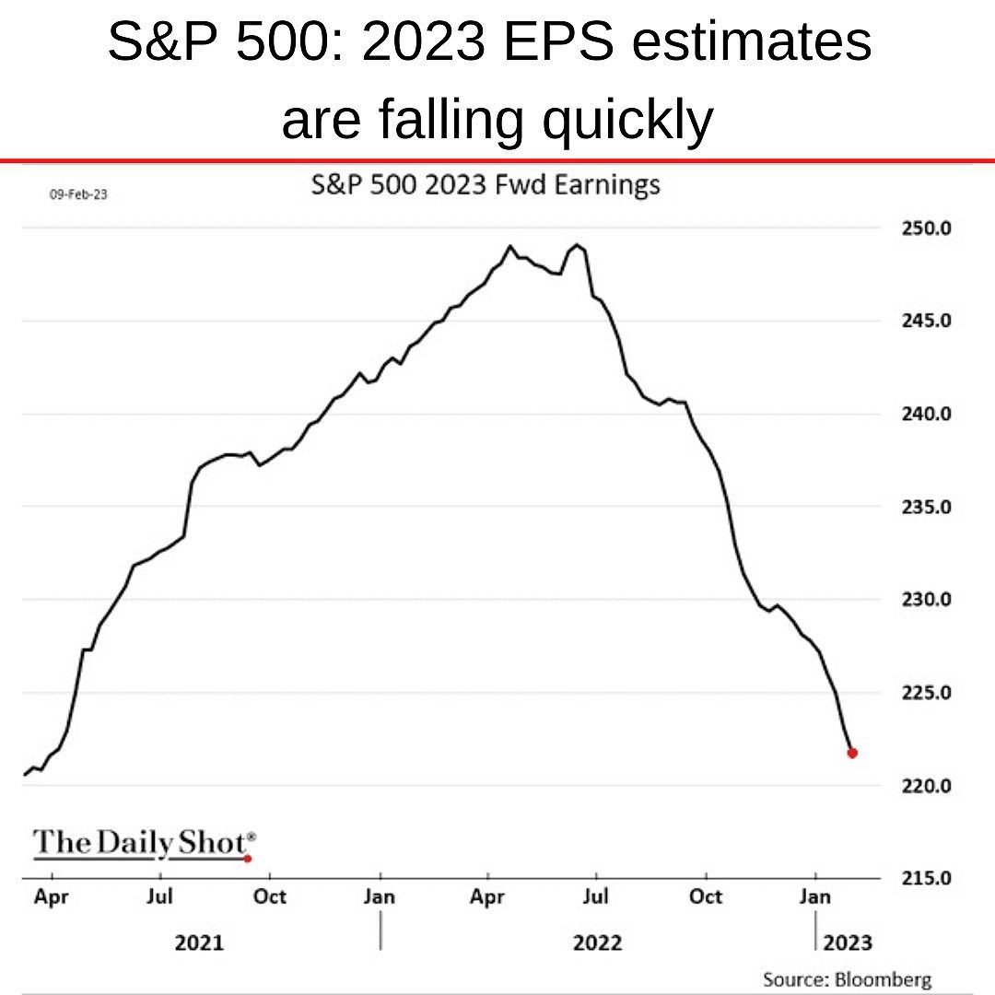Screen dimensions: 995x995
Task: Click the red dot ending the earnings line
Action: [x=852, y=753]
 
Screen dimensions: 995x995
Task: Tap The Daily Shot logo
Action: [x=144, y=843]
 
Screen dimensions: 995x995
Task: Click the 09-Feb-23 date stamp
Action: [x=77, y=194]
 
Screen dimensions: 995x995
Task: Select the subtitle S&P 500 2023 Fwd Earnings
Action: [x=486, y=185]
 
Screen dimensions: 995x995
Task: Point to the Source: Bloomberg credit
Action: [x=847, y=979]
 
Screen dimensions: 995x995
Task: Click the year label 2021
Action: [x=199, y=942]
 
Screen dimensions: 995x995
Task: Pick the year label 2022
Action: [x=597, y=942]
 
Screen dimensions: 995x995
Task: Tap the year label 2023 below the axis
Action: [x=847, y=942]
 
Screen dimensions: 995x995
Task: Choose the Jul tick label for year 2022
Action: [x=596, y=896]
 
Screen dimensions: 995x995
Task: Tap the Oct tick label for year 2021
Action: [x=270, y=896]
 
